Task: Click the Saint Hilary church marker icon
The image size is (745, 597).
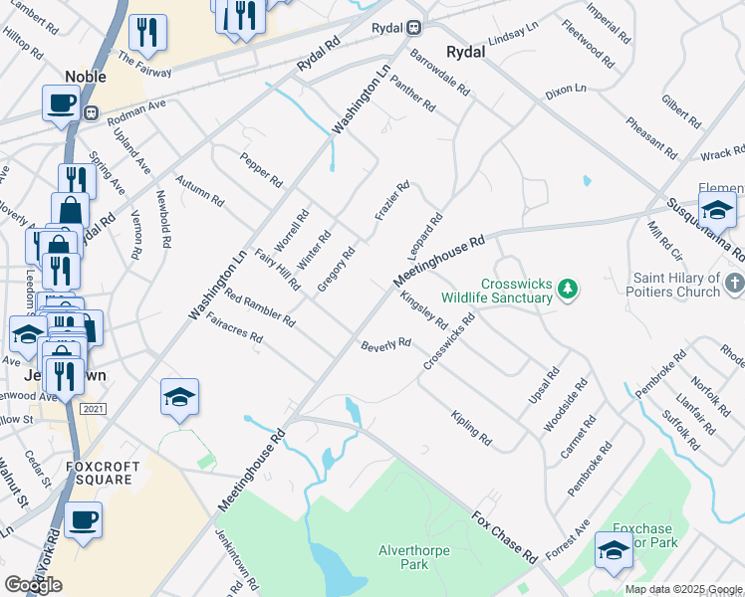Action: tap(735, 285)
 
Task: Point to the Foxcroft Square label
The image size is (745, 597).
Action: tap(100, 472)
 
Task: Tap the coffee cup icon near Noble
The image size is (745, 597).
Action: tap(61, 102)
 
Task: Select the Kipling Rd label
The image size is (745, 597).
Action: tap(471, 427)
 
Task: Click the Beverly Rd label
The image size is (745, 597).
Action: tap(385, 344)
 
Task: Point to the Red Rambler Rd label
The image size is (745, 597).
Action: tap(259, 308)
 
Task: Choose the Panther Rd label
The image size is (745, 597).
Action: tap(412, 93)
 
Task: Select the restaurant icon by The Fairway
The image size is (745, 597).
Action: tap(147, 32)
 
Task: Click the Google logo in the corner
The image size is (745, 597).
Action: tap(34, 585)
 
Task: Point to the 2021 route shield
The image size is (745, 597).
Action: tap(93, 408)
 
